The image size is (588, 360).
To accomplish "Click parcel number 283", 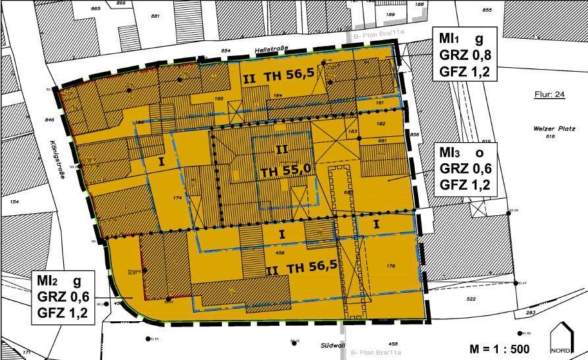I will click(531, 313).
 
